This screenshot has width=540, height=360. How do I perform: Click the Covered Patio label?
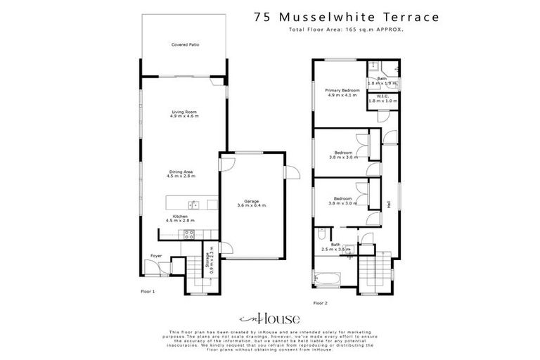[185, 44]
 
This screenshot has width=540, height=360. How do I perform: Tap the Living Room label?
[184, 112]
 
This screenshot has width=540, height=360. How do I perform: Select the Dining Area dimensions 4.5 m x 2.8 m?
[181, 176]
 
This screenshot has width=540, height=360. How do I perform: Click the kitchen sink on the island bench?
[195, 205]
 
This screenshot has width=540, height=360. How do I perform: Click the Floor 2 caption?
[320, 302]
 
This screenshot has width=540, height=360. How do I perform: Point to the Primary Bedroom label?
[342, 91]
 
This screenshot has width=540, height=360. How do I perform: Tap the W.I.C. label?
[382, 96]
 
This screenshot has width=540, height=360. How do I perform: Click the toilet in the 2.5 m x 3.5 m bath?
[321, 233]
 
